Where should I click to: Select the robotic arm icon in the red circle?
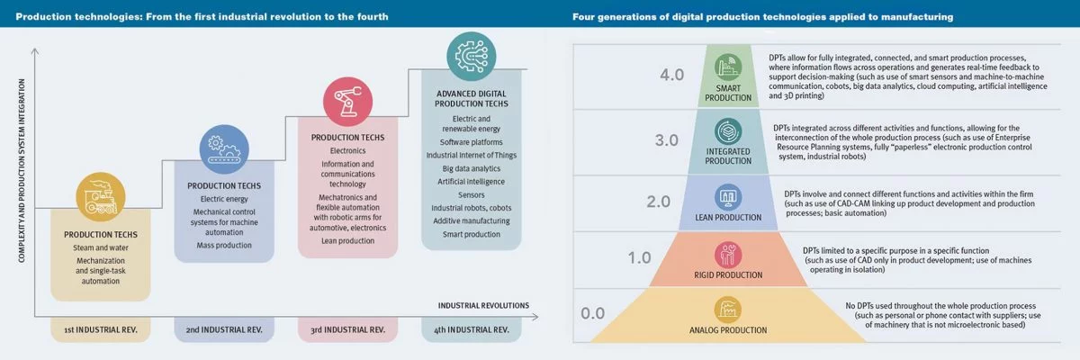click(x=346, y=100)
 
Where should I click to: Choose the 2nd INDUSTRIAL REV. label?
click(x=224, y=330)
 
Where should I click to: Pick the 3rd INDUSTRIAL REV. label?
click(x=346, y=330)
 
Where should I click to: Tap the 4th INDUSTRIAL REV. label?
click(x=471, y=330)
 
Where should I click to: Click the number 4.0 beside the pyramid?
click(x=672, y=75)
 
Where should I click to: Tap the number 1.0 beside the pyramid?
click(x=639, y=258)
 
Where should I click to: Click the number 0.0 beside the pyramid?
click(x=593, y=313)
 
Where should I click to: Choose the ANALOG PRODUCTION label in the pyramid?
click(x=728, y=330)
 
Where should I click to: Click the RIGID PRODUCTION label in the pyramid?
click(x=728, y=274)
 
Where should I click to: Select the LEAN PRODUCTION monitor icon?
click(x=728, y=198)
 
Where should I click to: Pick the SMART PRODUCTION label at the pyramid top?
click(x=728, y=93)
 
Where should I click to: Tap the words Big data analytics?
click(x=472, y=167)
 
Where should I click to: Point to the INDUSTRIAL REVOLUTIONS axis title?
click(x=483, y=304)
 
